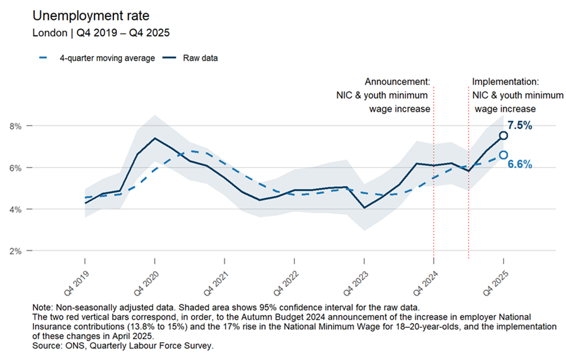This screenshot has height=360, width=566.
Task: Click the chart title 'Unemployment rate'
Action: click(91, 16)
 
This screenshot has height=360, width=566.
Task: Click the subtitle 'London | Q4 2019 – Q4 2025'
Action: click(101, 33)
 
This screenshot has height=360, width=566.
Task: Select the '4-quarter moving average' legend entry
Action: click(97, 58)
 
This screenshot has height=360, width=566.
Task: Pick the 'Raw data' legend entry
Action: click(190, 58)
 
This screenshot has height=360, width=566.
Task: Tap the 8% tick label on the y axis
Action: click(16, 126)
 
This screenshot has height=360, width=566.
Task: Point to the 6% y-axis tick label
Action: click(16, 168)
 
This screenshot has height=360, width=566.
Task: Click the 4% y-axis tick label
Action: click(16, 209)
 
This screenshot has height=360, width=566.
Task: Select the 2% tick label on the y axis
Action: click(16, 251)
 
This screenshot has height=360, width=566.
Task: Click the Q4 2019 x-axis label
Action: click(76, 284)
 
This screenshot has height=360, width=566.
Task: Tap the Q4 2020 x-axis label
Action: click(146, 284)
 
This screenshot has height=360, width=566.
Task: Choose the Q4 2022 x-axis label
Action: click(286, 284)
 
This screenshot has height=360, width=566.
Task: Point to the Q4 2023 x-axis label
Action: click(355, 284)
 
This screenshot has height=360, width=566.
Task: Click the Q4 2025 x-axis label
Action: click(495, 284)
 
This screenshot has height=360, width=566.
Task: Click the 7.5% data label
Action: click(520, 125)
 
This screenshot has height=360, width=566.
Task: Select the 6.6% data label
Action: click(520, 165)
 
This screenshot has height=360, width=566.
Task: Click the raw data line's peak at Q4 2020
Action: click(155, 138)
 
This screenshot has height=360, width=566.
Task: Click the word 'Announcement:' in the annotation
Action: click(398, 82)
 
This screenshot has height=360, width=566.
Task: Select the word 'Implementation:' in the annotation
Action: click(505, 82)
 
